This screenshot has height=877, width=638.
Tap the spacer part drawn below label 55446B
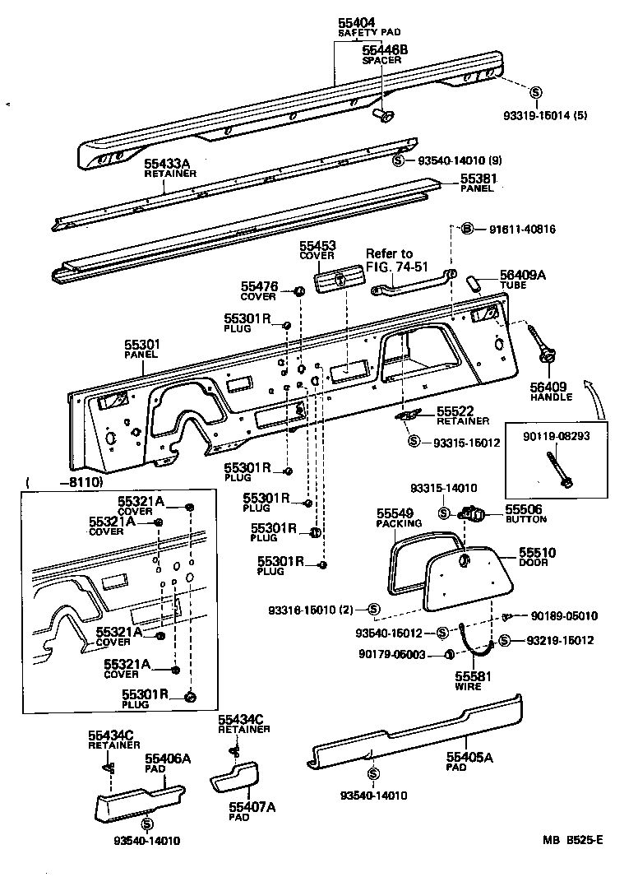(382, 114)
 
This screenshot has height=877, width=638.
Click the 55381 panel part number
(479, 179)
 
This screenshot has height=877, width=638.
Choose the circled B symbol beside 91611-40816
(466, 229)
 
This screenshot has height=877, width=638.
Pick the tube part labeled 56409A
(474, 283)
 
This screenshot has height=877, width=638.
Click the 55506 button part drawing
(474, 515)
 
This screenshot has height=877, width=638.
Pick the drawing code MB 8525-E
(572, 840)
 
